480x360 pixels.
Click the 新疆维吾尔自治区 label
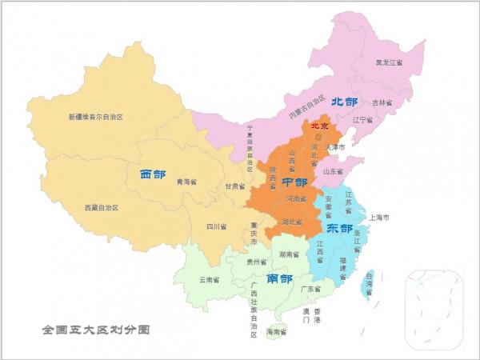pyautogui.click(x=95, y=117)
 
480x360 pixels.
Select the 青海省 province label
pyautogui.click(x=186, y=182)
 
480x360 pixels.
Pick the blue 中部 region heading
pyautogui.click(x=294, y=182)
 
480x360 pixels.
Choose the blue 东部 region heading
pyautogui.click(x=339, y=228)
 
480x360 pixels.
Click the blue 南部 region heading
pyautogui.click(x=279, y=278)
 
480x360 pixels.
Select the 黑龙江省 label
pyautogui.click(x=390, y=63)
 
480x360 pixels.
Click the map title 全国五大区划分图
pyautogui.click(x=96, y=329)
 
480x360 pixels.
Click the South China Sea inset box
pyautogui.click(x=434, y=307)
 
